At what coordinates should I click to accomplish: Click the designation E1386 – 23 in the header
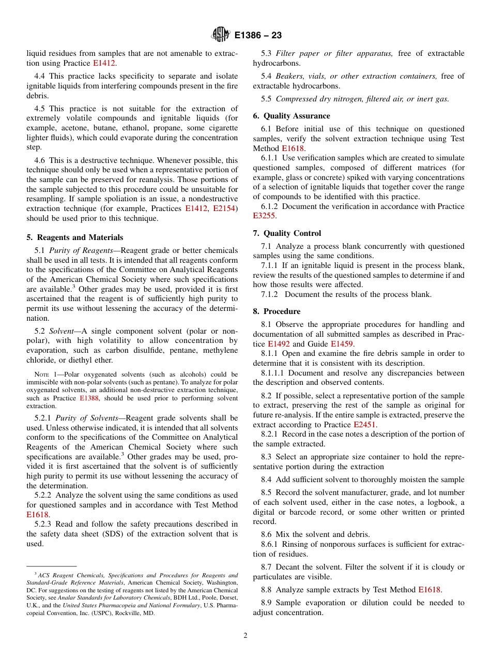coord(258,36)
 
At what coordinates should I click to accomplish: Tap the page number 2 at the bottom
coord(245,636)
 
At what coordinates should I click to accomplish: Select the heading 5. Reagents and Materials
coord(75,237)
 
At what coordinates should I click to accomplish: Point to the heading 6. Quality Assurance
coord(291,116)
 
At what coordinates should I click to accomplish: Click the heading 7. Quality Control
coord(287,233)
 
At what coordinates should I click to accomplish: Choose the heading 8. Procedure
coord(277,311)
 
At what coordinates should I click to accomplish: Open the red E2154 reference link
coord(224,208)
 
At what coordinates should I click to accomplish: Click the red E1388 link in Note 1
coord(88,399)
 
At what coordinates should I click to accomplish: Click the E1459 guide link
coord(342,344)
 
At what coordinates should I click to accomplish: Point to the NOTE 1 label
coord(43,375)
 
